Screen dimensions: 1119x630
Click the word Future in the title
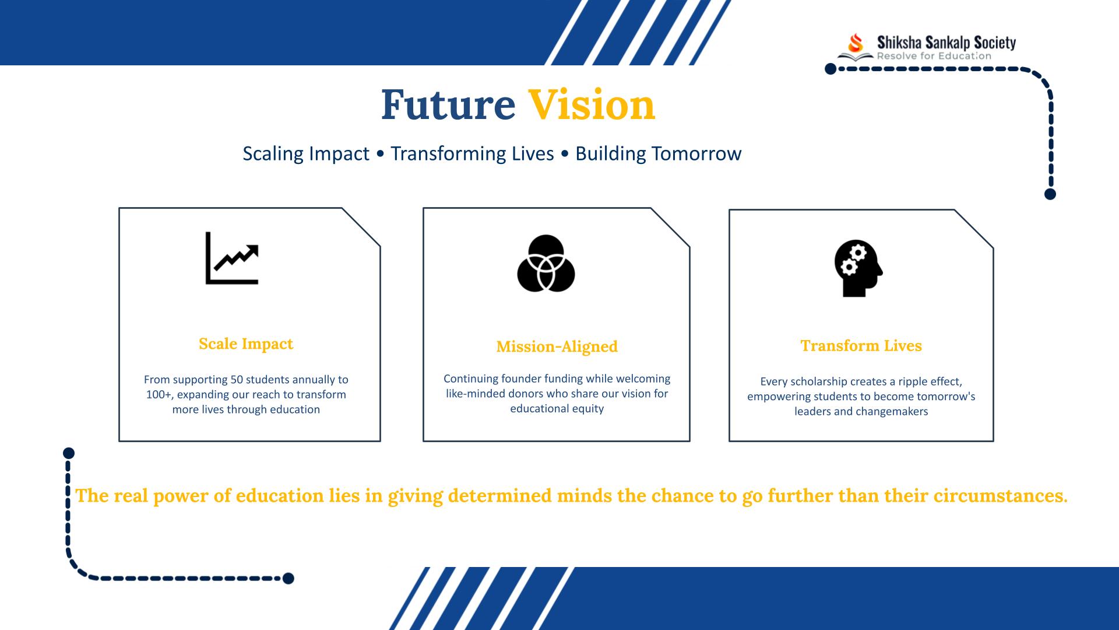pyautogui.click(x=448, y=105)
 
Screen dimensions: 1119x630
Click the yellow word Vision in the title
pyautogui.click(x=592, y=105)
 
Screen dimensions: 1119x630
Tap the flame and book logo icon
pyautogui.click(x=856, y=47)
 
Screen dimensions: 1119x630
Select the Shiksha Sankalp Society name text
pyautogui.click(x=946, y=42)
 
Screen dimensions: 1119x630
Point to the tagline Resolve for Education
pyautogui.click(x=934, y=57)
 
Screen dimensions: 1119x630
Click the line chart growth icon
pyautogui.click(x=232, y=258)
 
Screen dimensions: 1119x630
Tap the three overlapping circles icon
pyautogui.click(x=546, y=263)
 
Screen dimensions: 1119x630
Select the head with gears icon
pyautogui.click(x=858, y=268)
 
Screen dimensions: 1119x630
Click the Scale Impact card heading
pyautogui.click(x=246, y=344)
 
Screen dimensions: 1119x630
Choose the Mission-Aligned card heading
pyautogui.click(x=557, y=346)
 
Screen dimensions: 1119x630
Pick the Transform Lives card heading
pyautogui.click(x=861, y=346)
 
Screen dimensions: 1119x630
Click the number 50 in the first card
pyautogui.click(x=237, y=380)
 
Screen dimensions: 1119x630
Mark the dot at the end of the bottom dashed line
pyautogui.click(x=288, y=579)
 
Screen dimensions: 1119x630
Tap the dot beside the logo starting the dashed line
pyautogui.click(x=831, y=69)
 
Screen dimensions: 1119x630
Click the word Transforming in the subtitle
pyautogui.click(x=472, y=154)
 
